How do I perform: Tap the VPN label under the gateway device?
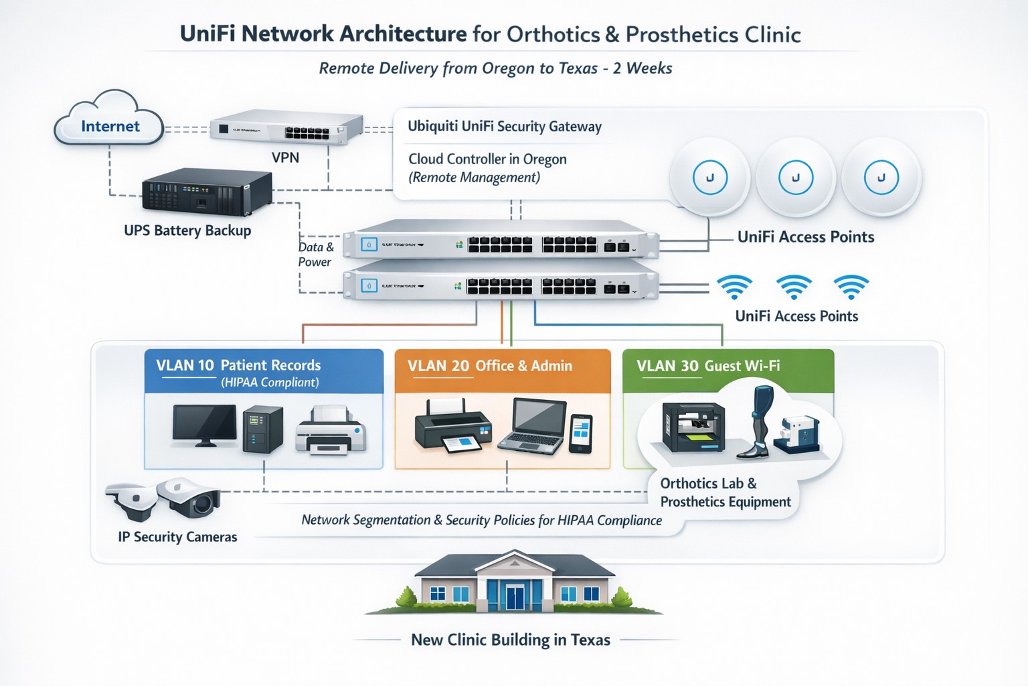(285, 158)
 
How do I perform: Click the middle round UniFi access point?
(795, 178)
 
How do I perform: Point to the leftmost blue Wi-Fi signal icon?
(734, 286)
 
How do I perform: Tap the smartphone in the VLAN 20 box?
(580, 433)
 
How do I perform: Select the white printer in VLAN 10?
(331, 431)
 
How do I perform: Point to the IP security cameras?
(165, 499)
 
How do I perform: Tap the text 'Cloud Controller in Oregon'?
(487, 159)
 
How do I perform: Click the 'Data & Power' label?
(315, 255)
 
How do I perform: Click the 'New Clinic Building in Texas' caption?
(511, 640)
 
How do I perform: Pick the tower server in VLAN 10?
(262, 429)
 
